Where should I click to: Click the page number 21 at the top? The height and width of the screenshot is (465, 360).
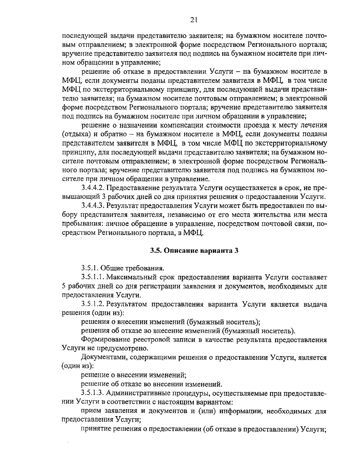(x=193, y=20)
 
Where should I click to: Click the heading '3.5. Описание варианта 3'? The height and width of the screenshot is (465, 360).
(x=194, y=251)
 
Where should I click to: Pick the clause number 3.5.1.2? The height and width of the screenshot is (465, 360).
(x=93, y=304)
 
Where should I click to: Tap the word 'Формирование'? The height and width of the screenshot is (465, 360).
(x=103, y=340)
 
